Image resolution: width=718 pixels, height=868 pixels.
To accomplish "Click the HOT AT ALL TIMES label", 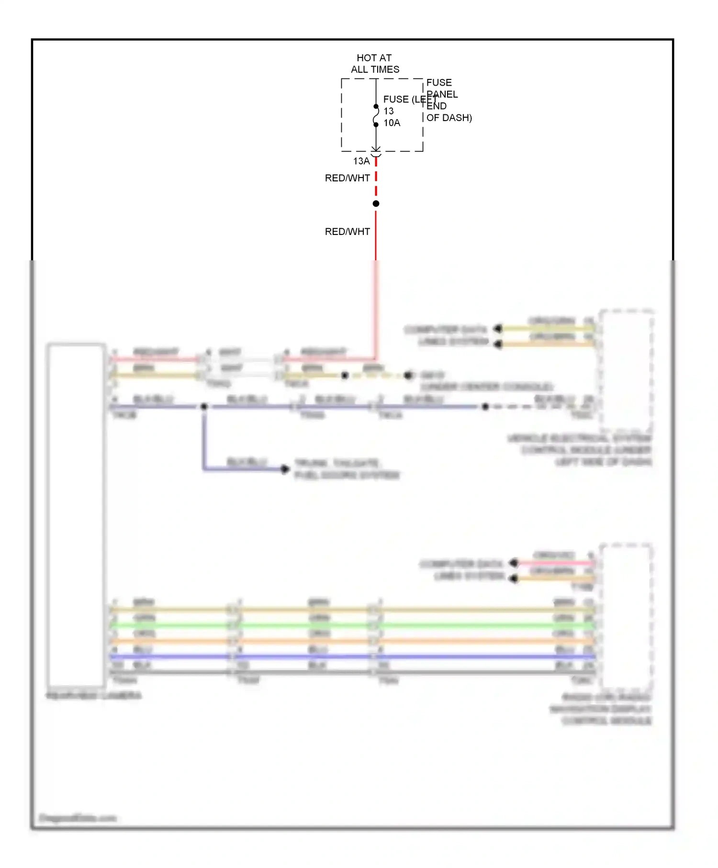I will click(x=375, y=64).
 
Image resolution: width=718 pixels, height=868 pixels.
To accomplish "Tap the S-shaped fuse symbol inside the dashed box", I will click(x=376, y=116).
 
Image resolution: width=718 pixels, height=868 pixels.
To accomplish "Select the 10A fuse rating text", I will click(x=392, y=123).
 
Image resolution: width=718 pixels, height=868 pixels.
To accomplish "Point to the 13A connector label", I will click(x=361, y=161).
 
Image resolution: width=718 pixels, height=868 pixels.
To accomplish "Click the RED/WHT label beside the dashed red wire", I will click(x=347, y=178).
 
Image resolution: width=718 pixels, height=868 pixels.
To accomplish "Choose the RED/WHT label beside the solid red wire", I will click(x=347, y=232).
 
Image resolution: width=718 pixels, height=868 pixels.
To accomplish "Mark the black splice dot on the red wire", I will click(x=376, y=204).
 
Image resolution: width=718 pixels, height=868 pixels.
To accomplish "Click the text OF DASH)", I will click(x=449, y=118).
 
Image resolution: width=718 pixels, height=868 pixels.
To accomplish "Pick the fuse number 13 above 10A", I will click(x=388, y=111).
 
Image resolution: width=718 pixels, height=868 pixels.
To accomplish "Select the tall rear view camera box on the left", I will click(x=76, y=515).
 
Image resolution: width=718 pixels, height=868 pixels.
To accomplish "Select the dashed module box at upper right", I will click(x=626, y=371).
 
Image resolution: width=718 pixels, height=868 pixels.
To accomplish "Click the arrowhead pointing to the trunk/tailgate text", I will click(x=285, y=469).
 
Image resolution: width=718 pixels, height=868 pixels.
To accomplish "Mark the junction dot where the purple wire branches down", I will click(x=204, y=407).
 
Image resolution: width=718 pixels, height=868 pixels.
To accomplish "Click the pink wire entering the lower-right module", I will click(x=555, y=564).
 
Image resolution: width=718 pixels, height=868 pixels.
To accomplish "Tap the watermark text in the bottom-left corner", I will click(x=77, y=818).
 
